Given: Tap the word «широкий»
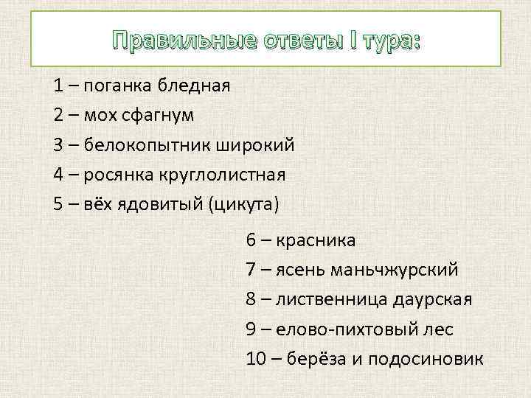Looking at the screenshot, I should [x=255, y=144].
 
